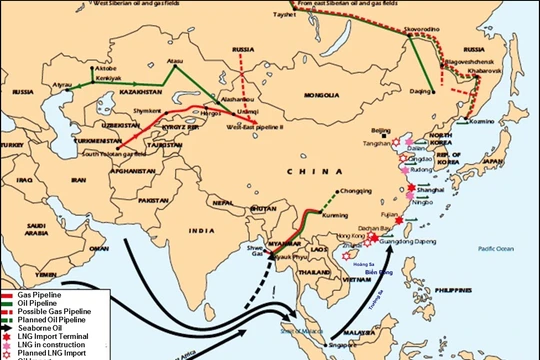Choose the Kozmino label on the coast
pyautogui.click(x=484, y=121)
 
